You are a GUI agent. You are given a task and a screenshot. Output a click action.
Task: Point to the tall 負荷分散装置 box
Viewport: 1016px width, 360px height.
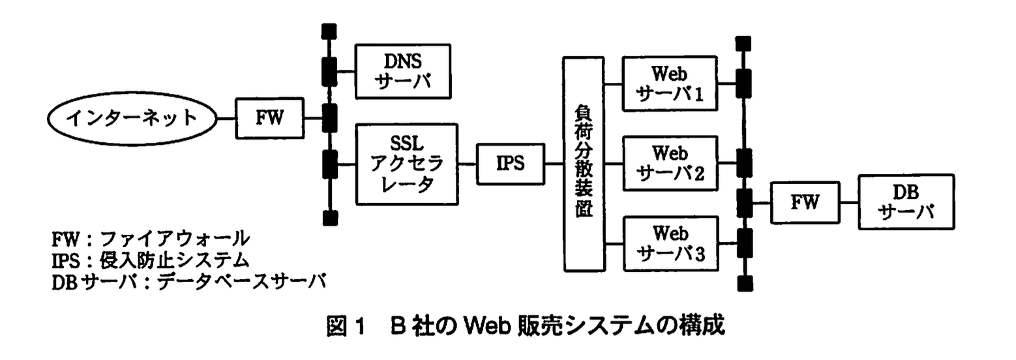click(x=584, y=164)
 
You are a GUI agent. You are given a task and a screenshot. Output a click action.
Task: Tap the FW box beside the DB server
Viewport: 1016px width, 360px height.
click(x=805, y=203)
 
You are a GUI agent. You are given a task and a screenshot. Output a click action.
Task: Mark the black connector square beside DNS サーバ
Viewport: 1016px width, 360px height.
click(x=330, y=70)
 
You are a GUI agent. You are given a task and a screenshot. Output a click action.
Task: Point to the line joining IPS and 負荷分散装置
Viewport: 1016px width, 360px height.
click(x=554, y=164)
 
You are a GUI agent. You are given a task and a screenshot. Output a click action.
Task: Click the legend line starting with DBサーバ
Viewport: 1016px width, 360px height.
click(x=188, y=280)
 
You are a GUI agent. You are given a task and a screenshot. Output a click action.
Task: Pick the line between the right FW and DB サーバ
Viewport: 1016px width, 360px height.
click(x=849, y=202)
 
